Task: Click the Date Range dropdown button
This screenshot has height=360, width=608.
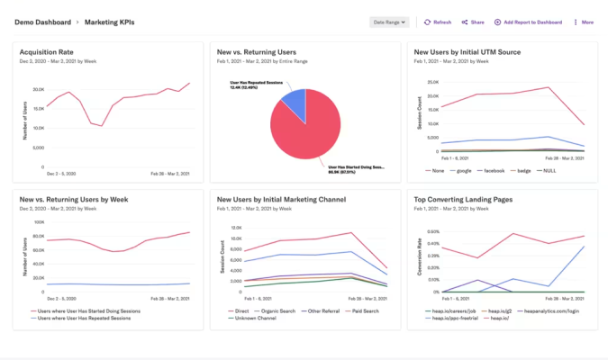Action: point(389,22)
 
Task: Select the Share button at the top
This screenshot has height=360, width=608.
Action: point(473,22)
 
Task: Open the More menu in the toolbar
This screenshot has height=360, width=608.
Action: point(584,22)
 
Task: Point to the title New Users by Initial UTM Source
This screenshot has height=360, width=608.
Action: point(467,52)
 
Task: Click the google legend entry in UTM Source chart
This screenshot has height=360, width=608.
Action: point(464,169)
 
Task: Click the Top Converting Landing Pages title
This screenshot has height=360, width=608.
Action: point(464,201)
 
